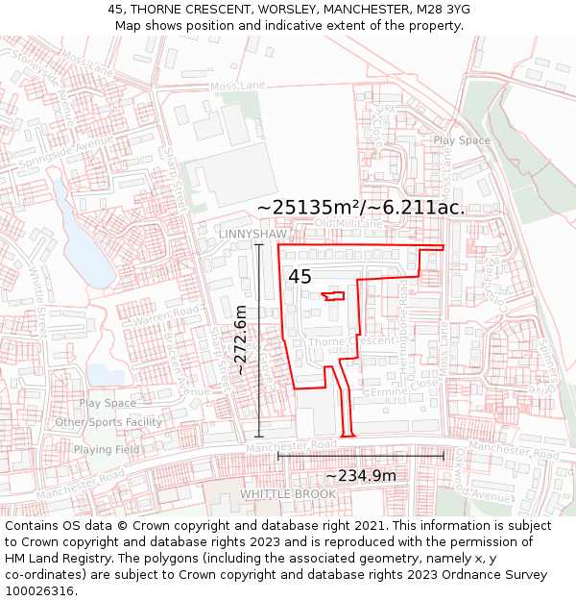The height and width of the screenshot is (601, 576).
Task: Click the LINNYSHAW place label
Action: click(x=252, y=234)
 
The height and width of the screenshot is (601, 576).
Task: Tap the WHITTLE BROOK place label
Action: click(x=288, y=494)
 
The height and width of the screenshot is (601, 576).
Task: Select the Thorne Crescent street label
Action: click(x=352, y=341)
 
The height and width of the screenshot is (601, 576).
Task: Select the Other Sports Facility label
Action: click(x=108, y=422)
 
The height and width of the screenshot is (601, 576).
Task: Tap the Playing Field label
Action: click(x=107, y=449)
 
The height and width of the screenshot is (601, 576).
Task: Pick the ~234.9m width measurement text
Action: click(x=360, y=475)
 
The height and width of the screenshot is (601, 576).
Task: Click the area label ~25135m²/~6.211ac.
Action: click(x=361, y=207)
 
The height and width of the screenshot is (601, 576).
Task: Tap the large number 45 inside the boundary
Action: click(x=300, y=277)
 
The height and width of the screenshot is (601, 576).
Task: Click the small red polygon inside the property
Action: click(x=333, y=295)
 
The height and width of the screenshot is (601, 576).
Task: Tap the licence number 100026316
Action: click(x=41, y=591)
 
